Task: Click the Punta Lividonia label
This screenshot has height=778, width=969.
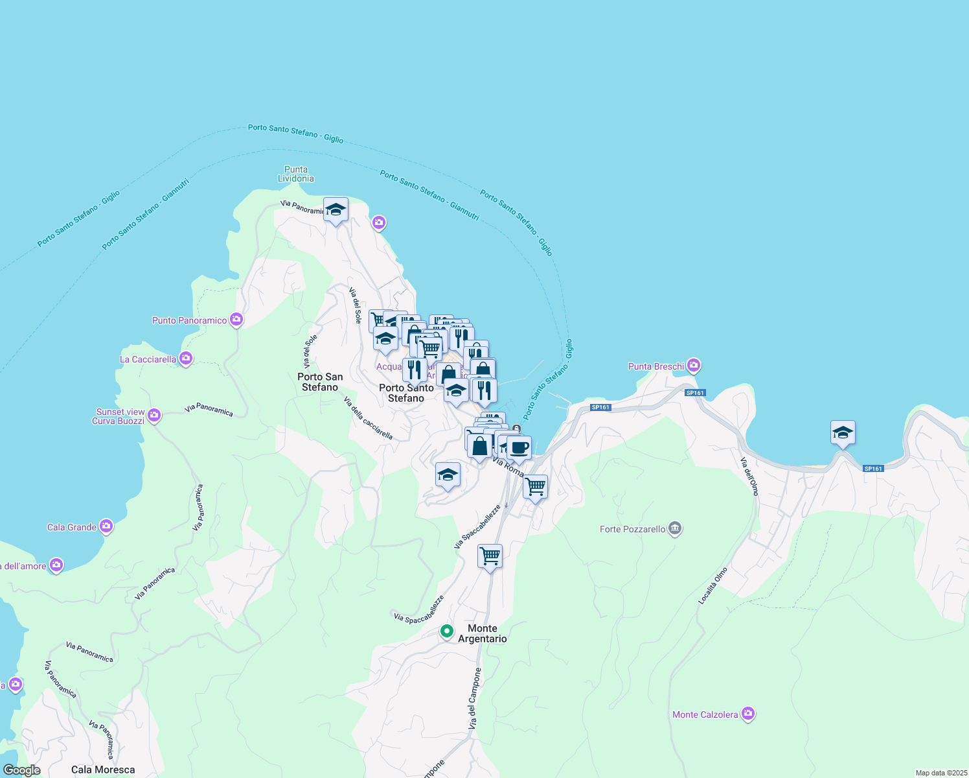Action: click(x=296, y=174)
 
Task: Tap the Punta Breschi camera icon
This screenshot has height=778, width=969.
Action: click(x=694, y=366)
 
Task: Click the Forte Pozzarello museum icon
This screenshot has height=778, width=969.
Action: click(x=675, y=528)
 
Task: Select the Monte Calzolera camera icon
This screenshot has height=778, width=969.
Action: click(x=748, y=714)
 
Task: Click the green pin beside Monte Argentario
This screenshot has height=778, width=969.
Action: click(x=446, y=630)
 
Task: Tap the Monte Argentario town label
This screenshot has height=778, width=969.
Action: click(x=483, y=633)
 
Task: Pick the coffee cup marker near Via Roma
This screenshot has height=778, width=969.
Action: click(x=519, y=447)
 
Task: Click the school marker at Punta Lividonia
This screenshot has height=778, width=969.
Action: click(x=336, y=209)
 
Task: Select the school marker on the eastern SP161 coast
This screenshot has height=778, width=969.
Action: click(x=842, y=432)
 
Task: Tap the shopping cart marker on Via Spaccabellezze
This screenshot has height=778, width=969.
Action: click(x=490, y=556)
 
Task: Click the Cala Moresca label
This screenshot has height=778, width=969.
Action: click(x=103, y=770)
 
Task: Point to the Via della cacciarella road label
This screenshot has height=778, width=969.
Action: click(x=368, y=418)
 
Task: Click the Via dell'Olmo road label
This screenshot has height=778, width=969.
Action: click(x=750, y=477)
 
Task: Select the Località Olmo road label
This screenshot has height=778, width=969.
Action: click(x=713, y=586)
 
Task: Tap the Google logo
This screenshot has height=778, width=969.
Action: click(x=22, y=770)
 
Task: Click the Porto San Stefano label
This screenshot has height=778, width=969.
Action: click(x=320, y=382)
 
